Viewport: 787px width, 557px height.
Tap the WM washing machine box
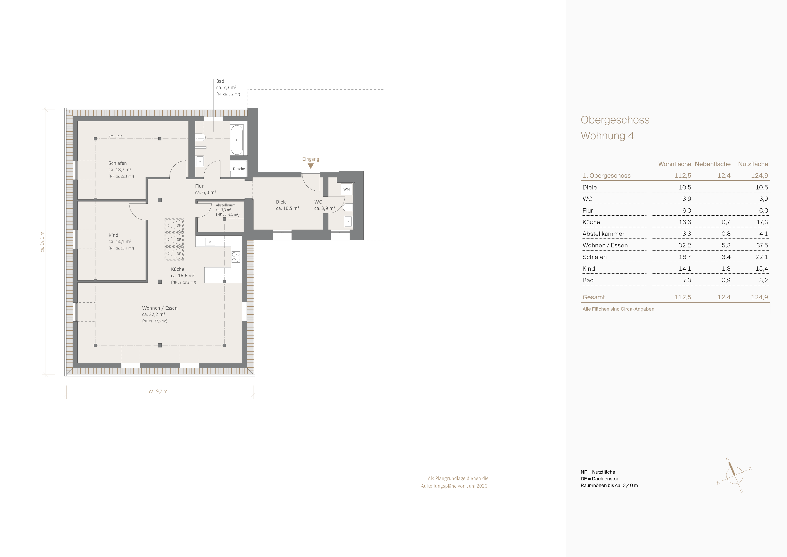[347, 189]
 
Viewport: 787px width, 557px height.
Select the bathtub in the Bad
[237, 140]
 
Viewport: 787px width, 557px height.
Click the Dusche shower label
[239, 169]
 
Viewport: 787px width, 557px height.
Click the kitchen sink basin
[210, 242]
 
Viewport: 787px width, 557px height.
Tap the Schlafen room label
[118, 163]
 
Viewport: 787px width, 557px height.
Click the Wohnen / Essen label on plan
[160, 308]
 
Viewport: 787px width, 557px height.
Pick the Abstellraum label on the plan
[225, 205]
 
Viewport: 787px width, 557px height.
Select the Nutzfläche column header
[753, 164]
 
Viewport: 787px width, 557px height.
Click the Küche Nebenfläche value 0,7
[726, 222]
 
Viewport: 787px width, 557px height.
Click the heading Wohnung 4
[607, 136]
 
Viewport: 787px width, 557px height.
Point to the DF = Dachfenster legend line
[599, 479]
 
